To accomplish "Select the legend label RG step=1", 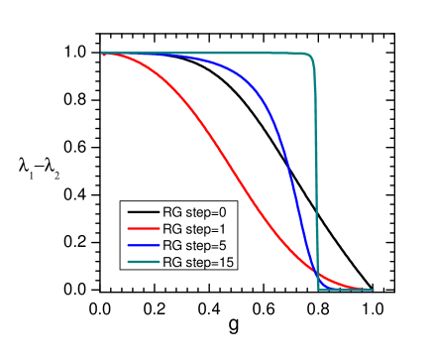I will click(194, 229).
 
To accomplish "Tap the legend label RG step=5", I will click(194, 245).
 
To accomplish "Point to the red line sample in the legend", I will click(141, 229).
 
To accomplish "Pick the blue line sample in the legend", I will click(141, 245).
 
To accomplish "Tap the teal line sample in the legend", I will click(141, 262).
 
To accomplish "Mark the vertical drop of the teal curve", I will click(316, 179).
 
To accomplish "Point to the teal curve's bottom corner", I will click(318, 289).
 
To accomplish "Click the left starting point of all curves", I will click(102, 54).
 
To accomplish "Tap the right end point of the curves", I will click(373, 290).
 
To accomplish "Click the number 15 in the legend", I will click(226, 262).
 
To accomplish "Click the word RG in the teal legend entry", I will click(171, 262).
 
